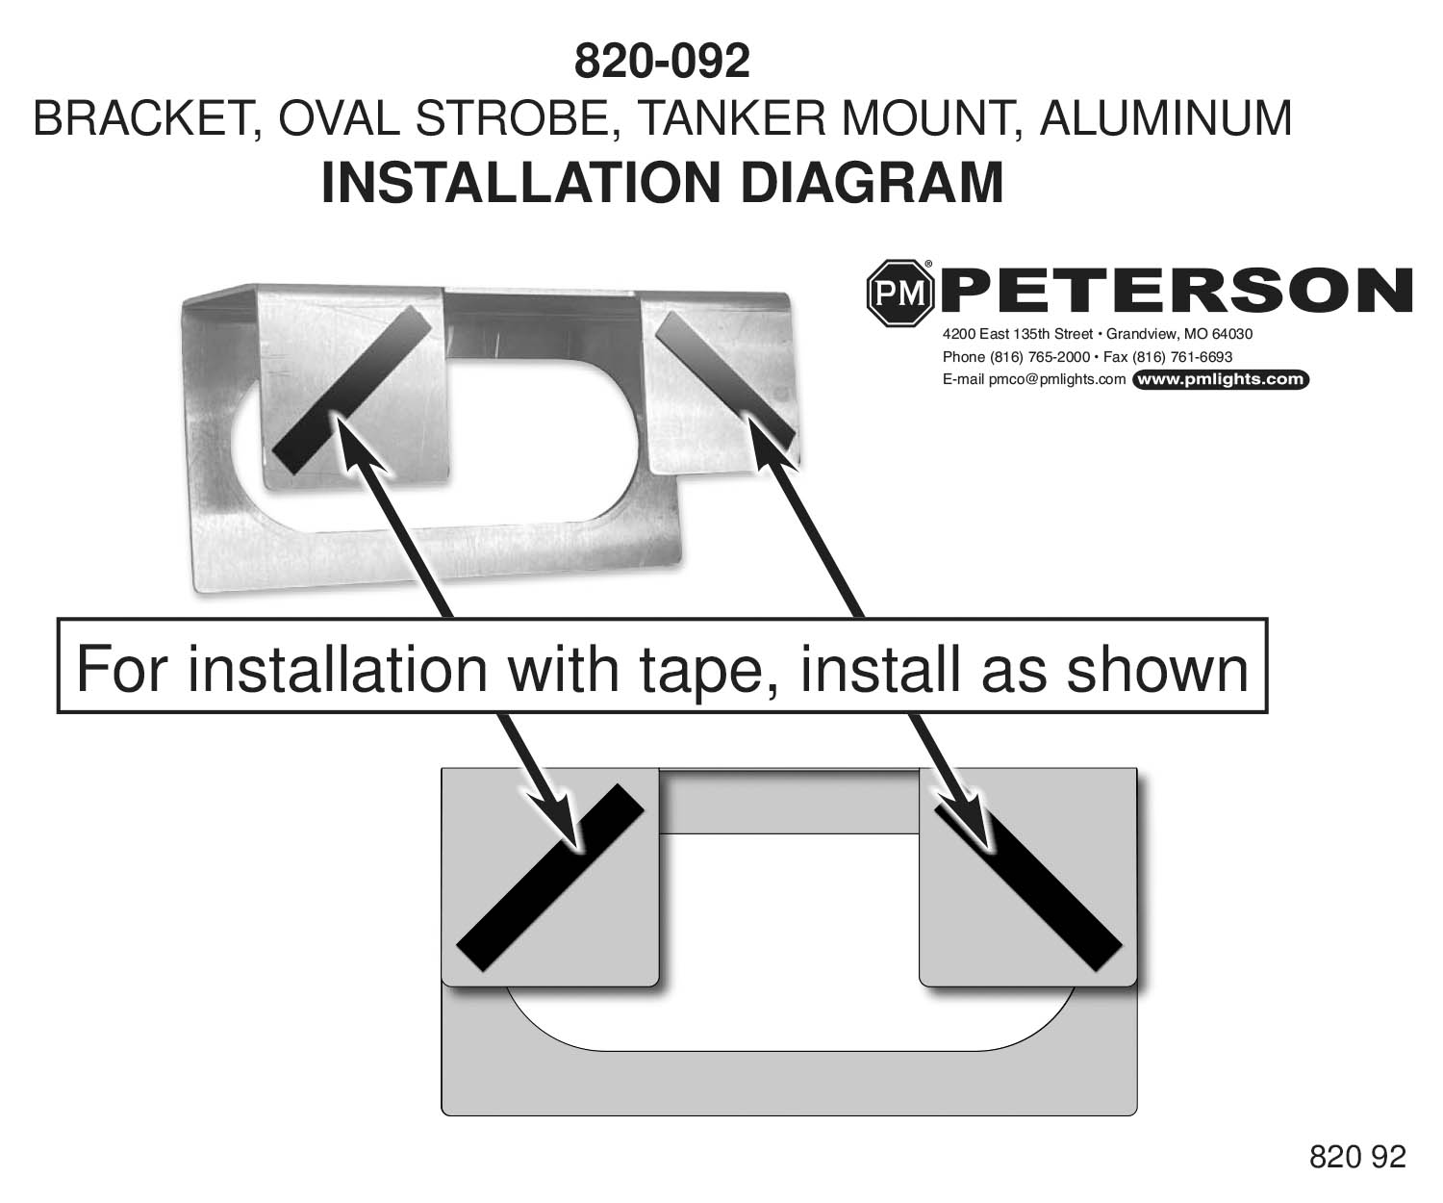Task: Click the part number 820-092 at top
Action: (661, 63)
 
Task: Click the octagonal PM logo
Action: (901, 293)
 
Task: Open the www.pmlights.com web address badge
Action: (1221, 379)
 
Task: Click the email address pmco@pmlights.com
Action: (1057, 379)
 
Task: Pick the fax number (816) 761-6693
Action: (1182, 357)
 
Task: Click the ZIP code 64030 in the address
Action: (1233, 335)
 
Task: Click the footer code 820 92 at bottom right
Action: (1357, 1156)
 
